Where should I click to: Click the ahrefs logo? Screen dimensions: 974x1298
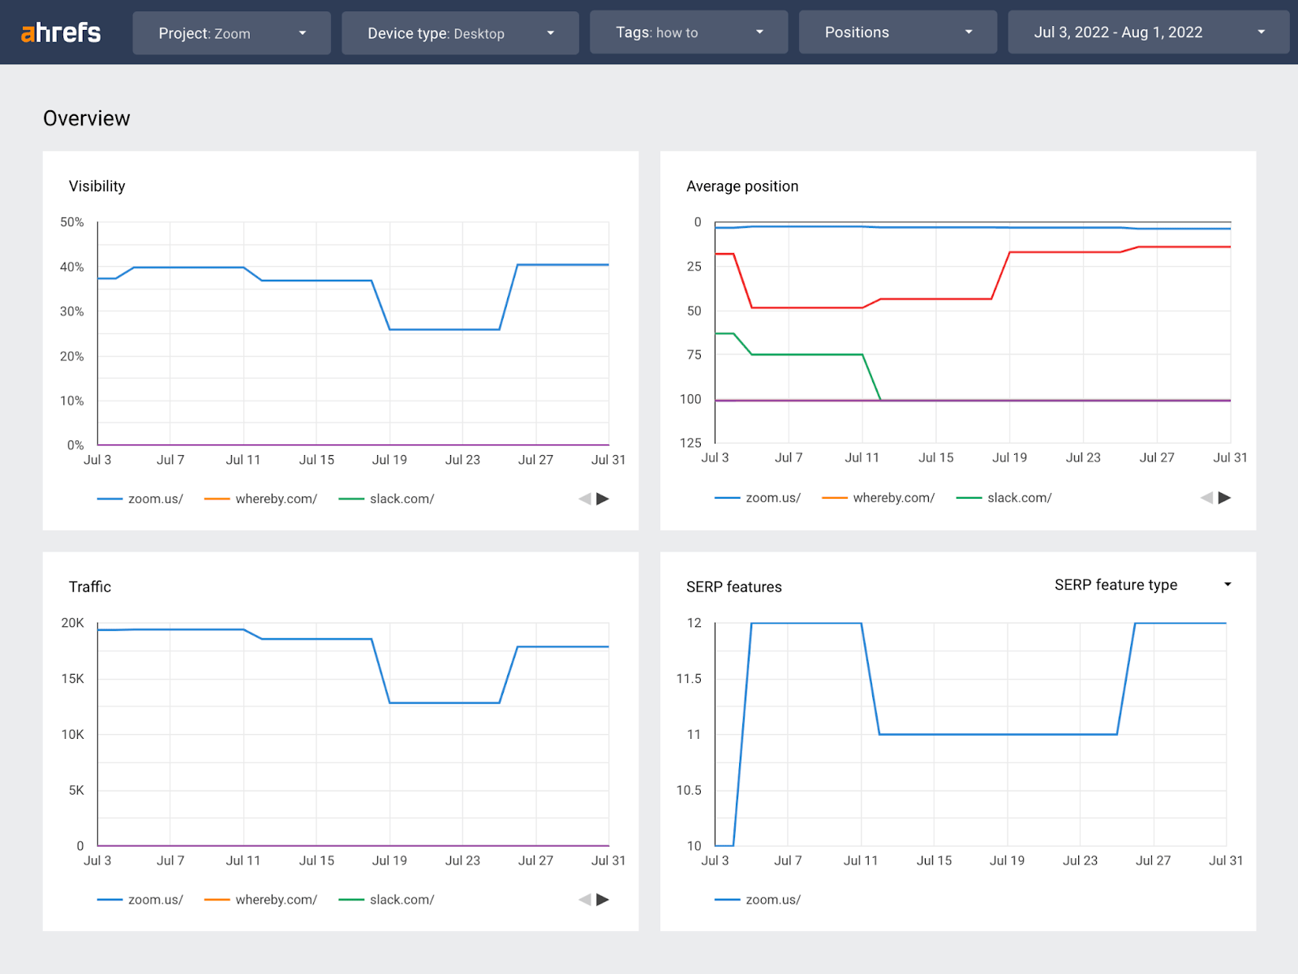tap(61, 32)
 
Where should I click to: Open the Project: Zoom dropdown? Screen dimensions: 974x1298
tap(231, 33)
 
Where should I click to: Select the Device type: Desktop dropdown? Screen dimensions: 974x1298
tap(460, 33)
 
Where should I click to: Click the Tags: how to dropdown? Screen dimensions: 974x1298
tap(688, 32)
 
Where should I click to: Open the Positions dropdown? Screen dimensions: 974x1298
tap(897, 32)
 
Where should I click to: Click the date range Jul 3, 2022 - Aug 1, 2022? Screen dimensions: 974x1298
tap(1148, 32)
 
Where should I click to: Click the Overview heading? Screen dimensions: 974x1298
tap(87, 118)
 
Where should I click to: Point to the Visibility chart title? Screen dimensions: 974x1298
tap(97, 187)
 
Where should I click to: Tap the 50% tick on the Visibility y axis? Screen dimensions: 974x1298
tap(72, 222)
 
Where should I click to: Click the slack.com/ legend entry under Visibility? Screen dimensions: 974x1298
tap(401, 499)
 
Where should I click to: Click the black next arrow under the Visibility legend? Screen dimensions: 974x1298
tap(603, 499)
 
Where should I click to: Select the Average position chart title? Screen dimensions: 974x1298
tap(742, 187)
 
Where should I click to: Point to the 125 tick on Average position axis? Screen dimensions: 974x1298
tap(690, 443)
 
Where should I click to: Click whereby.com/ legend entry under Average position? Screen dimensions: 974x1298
tap(892, 498)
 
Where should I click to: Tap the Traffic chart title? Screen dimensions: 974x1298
tap(90, 587)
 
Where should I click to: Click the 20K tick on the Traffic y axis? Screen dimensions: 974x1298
tap(72, 623)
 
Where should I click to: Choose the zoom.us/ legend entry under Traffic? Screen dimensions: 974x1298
tap(154, 899)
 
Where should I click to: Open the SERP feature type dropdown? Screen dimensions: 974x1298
tap(1142, 585)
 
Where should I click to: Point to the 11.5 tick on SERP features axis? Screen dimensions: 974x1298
tap(689, 679)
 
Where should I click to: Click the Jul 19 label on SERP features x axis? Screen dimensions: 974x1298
tap(1007, 860)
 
